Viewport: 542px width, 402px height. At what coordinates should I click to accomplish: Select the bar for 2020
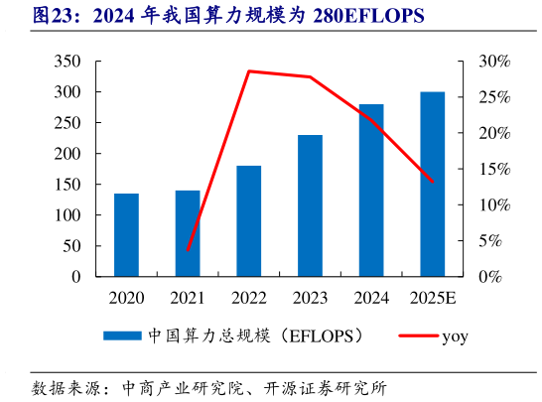pos(126,234)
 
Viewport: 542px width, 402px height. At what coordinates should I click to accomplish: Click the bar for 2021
pos(188,233)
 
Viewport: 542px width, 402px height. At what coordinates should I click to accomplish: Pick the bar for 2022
pos(248,220)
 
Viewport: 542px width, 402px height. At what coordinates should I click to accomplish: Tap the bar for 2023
pos(310,205)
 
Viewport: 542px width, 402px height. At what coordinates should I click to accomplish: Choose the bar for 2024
pos(371,190)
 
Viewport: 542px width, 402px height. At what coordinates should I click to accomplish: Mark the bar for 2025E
pos(432,184)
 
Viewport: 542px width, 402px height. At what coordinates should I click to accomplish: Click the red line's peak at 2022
pos(248,71)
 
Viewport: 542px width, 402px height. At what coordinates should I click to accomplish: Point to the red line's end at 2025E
pos(433,182)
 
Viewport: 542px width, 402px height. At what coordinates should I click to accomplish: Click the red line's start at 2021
pos(188,250)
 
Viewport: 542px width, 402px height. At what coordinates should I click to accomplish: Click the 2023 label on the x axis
pos(310,297)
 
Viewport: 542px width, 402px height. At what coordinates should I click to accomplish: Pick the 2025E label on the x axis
pos(432,297)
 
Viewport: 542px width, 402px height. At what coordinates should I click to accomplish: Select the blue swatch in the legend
pos(123,336)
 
